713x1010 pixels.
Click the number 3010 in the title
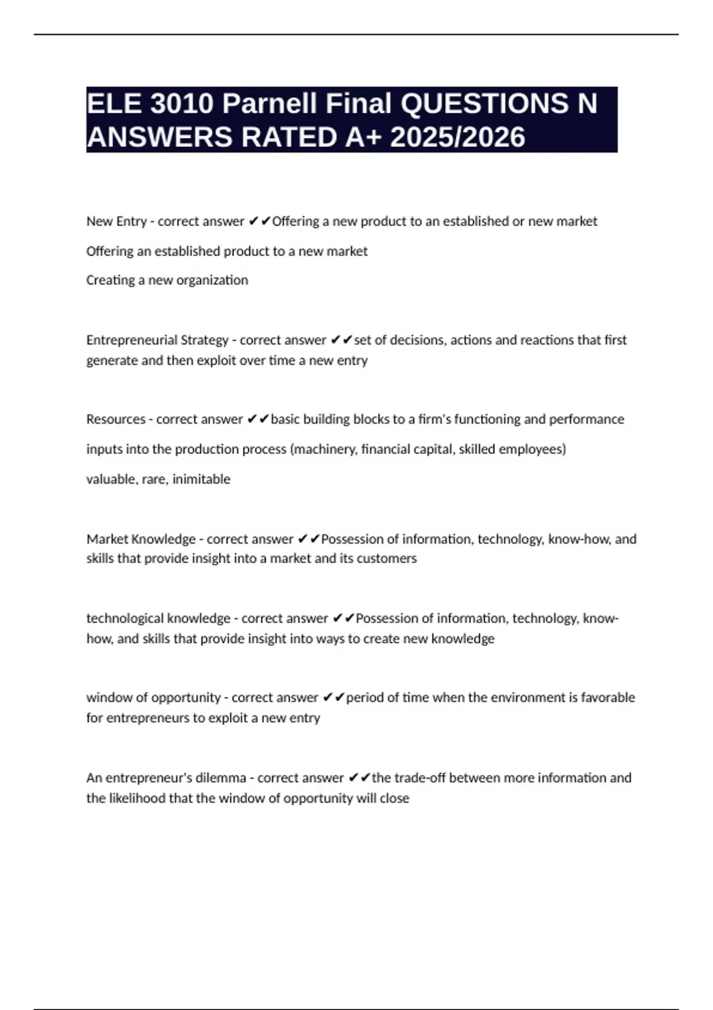click(x=181, y=103)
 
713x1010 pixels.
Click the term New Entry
click(x=116, y=221)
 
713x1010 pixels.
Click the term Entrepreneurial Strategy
click(x=157, y=340)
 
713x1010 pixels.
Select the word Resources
click(x=116, y=419)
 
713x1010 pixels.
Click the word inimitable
click(x=201, y=479)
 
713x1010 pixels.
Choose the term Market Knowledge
click(x=141, y=539)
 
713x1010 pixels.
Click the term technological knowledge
click(x=158, y=618)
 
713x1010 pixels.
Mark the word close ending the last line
click(x=395, y=798)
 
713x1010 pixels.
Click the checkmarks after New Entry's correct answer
click(x=259, y=221)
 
